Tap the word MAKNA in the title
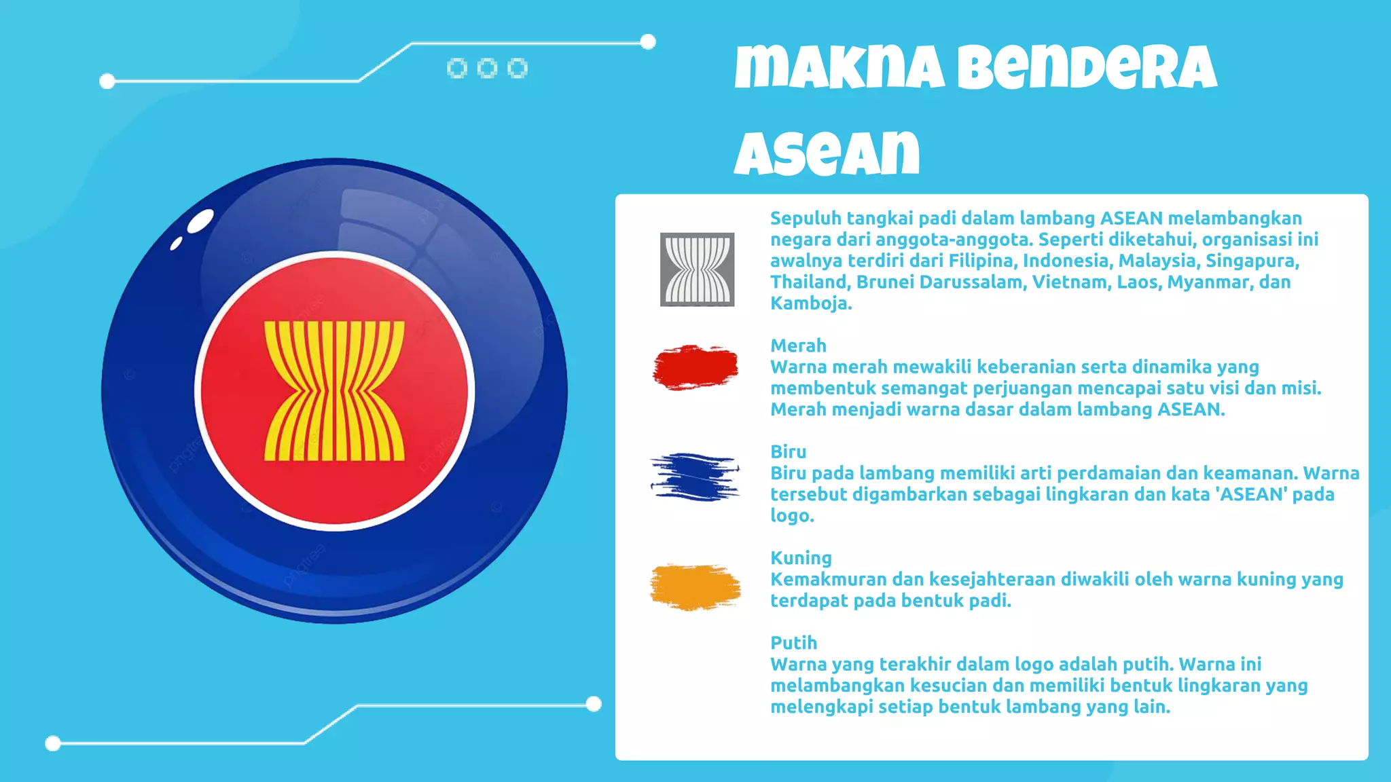click(x=839, y=68)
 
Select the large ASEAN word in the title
click(x=827, y=153)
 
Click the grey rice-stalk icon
click(x=697, y=269)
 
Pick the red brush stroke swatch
click(x=695, y=367)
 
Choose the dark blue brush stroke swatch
click(x=695, y=477)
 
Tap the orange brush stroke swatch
click(x=695, y=586)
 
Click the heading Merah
click(x=798, y=346)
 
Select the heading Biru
click(x=788, y=451)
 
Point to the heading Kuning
click(x=801, y=558)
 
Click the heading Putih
click(x=793, y=643)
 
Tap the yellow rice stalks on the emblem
click(x=334, y=391)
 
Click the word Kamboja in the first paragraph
click(x=810, y=303)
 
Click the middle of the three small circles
click(x=487, y=68)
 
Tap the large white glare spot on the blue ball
click(x=200, y=221)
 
